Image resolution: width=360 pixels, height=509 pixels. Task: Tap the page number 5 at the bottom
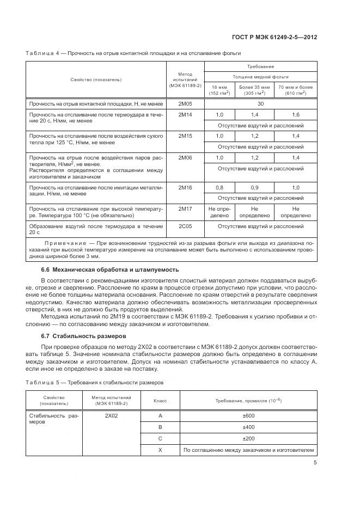[315, 463]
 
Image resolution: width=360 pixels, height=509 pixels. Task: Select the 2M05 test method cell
[185, 103]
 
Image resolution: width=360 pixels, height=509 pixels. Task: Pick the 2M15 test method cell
[185, 136]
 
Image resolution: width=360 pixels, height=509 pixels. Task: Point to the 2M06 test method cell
[185, 157]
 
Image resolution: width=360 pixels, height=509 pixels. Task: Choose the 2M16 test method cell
[185, 187]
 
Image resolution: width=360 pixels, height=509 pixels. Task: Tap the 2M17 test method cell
[185, 208]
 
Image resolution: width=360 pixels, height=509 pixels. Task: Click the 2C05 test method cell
[185, 225]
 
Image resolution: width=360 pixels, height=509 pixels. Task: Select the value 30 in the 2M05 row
[260, 103]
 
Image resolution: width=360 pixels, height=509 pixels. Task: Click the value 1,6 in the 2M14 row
[296, 115]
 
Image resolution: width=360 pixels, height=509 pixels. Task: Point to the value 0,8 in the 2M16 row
[219, 187]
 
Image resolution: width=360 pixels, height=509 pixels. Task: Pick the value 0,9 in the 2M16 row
[254, 187]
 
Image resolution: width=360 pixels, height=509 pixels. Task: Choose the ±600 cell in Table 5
[248, 416]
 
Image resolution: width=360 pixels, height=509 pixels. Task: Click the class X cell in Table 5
[160, 450]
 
